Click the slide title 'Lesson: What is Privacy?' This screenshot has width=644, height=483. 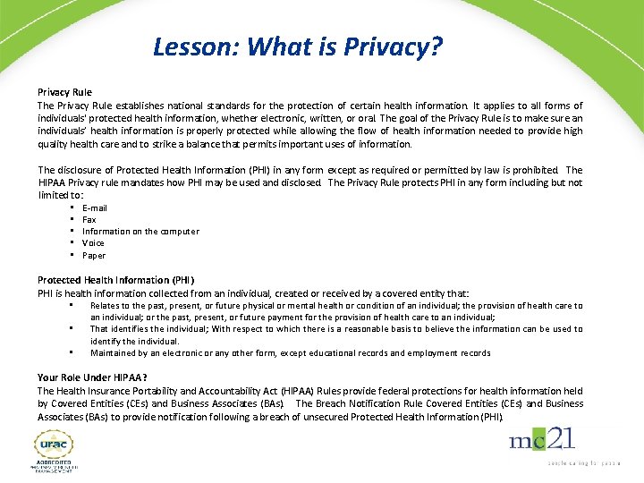(x=298, y=46)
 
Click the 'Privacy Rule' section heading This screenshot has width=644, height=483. (x=64, y=92)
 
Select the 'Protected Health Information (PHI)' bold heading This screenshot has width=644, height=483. (x=115, y=280)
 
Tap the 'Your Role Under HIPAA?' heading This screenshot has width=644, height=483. (x=92, y=377)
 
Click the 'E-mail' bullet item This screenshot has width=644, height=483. (x=95, y=208)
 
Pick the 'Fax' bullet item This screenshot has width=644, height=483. (x=89, y=219)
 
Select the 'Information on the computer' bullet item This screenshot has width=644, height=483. (x=140, y=231)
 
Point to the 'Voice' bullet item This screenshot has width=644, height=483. (x=93, y=242)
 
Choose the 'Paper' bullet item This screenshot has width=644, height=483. (x=94, y=255)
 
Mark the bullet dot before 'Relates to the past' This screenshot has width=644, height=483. (x=70, y=305)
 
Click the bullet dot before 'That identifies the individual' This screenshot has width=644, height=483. (x=70, y=328)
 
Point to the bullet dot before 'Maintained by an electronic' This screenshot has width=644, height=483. (x=70, y=352)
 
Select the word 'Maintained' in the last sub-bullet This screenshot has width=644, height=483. (x=113, y=353)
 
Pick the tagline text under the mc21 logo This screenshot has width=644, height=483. (x=581, y=462)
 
